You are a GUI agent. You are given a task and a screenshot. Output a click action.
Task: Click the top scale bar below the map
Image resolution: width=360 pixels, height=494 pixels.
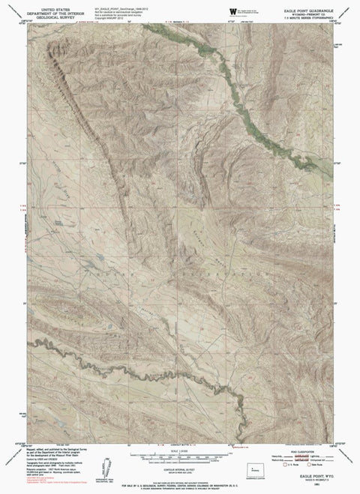[x=180, y=457]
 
